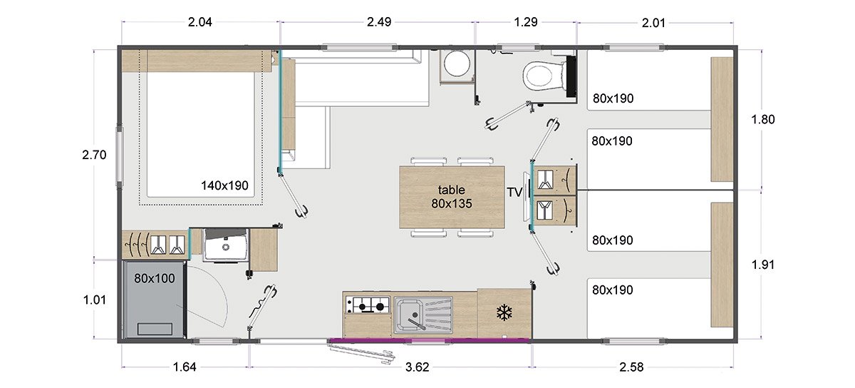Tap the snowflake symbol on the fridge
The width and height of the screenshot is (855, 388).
click(504, 312)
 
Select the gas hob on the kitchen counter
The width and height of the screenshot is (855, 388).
click(367, 305)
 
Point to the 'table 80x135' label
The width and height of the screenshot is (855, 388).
click(452, 196)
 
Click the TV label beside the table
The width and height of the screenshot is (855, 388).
click(514, 193)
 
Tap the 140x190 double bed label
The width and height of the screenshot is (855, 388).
click(224, 185)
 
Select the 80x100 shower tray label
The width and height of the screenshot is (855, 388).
click(154, 278)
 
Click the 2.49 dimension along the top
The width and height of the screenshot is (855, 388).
click(379, 22)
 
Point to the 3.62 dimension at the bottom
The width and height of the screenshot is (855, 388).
click(418, 367)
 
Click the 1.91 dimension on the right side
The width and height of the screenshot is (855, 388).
click(762, 265)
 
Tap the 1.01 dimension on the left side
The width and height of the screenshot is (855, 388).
click(94, 300)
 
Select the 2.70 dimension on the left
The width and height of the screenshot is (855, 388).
click(94, 155)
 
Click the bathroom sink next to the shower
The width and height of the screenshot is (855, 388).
click(226, 245)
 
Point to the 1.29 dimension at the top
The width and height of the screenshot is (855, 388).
click(526, 22)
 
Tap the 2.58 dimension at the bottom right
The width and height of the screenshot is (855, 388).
click(631, 367)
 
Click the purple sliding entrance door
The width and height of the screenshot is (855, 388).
click(430, 339)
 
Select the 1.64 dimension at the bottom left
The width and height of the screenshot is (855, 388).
click(185, 367)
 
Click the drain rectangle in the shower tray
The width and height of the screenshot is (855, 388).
click(155, 329)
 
